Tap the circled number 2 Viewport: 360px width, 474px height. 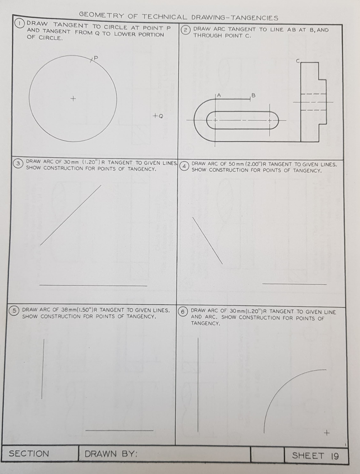[185, 30]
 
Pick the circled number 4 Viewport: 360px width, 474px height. [184, 166]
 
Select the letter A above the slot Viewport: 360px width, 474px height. [219, 94]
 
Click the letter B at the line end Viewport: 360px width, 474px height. [253, 95]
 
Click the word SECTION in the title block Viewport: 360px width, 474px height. [29, 454]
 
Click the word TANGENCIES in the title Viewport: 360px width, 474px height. [254, 18]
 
